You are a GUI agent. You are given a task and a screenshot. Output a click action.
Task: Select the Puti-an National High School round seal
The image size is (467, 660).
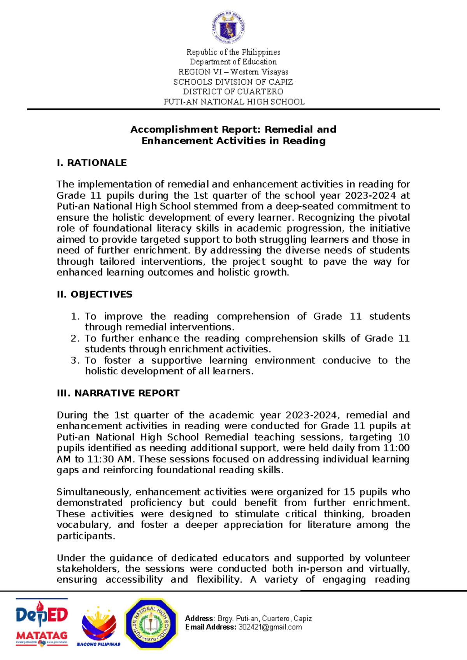151,624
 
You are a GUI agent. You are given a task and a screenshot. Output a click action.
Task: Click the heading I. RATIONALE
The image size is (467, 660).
91,163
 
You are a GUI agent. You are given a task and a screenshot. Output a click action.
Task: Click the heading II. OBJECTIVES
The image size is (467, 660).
94,294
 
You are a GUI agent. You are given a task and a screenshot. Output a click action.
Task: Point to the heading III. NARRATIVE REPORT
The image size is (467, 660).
118,393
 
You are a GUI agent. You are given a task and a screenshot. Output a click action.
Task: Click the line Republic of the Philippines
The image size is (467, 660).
233,52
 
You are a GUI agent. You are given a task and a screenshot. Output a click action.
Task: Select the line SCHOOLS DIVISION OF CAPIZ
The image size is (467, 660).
233,82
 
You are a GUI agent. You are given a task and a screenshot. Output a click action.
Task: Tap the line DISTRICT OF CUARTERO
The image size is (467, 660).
233,92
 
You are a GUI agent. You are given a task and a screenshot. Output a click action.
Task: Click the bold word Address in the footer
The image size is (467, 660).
199,618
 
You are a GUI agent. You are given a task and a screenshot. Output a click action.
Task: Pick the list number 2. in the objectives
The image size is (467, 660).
75,338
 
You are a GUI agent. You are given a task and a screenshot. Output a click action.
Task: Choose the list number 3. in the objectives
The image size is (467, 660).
75,360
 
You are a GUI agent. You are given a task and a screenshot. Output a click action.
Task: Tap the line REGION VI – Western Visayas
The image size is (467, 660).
233,72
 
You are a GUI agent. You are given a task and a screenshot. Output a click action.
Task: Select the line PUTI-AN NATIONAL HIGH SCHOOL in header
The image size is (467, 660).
234,102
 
